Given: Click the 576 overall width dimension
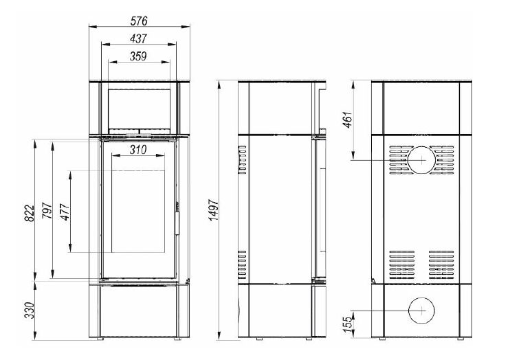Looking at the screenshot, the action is [139, 21].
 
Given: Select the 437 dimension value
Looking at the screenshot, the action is [138, 38].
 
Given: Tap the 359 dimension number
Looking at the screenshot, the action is [138, 56].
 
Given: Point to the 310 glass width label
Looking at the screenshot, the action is [138, 150].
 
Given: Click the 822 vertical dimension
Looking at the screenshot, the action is [30, 213].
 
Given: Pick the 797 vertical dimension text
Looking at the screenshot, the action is [47, 210].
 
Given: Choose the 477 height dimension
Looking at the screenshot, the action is [65, 212].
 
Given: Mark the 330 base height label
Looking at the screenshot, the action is [30, 310].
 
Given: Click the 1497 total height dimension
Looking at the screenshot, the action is [214, 210].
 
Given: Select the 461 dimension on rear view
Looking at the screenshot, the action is [348, 120].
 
